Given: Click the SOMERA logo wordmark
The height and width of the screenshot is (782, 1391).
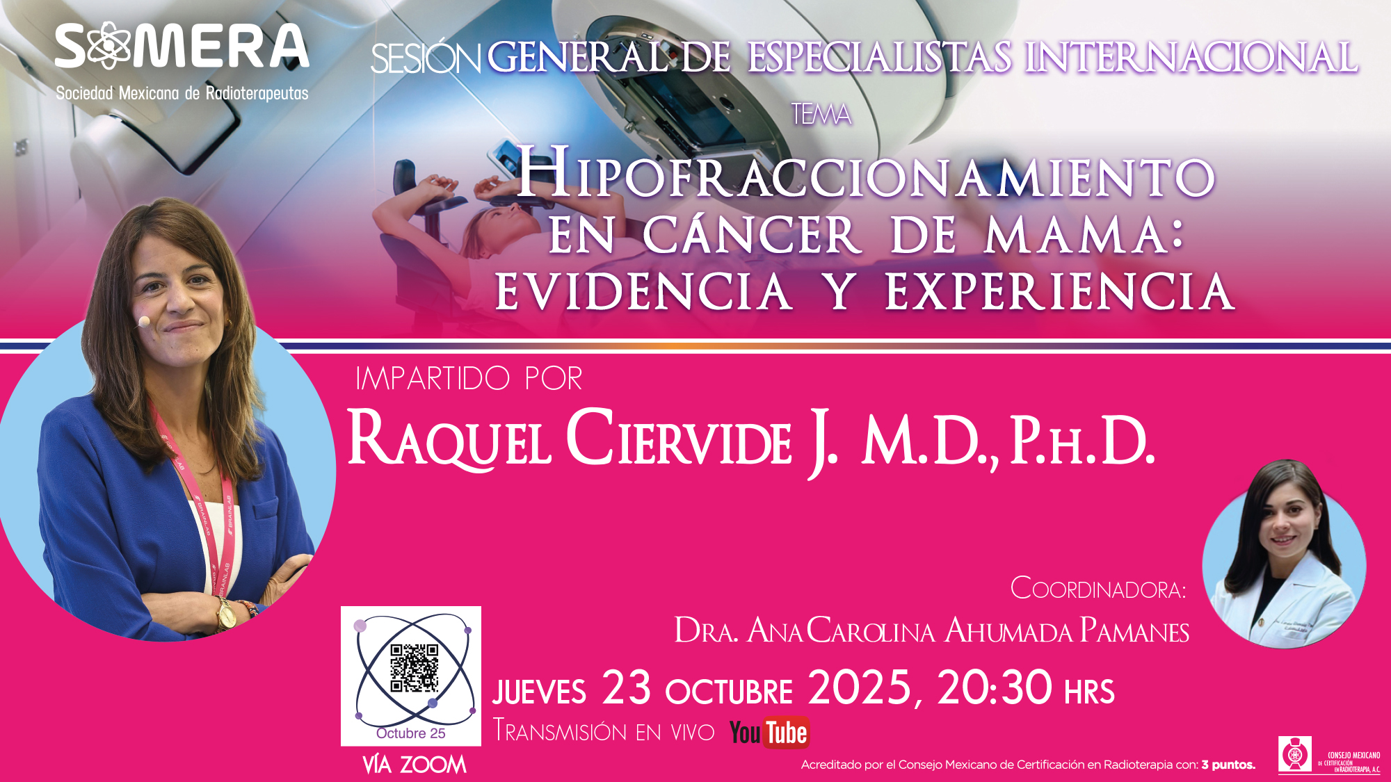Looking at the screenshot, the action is point(182,46).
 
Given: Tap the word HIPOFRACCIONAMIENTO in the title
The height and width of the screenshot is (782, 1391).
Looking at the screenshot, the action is point(866,174).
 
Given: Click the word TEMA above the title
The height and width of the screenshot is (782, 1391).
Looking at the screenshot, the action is point(821,114).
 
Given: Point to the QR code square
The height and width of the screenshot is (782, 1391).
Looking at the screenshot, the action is point(414,668).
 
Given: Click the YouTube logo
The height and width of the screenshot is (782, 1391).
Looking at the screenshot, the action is point(769,733).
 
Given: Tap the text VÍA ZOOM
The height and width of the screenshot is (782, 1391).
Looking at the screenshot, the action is point(415,765).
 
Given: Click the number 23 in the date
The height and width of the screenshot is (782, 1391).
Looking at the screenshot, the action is point(627,688).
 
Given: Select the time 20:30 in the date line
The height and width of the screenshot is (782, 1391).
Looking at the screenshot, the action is point(995,688).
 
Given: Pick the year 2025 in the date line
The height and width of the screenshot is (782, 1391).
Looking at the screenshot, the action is point(860,688).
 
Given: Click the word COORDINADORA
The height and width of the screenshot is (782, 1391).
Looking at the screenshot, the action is point(1098,589).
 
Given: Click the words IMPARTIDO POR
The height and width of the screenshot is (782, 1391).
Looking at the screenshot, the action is point(469,379).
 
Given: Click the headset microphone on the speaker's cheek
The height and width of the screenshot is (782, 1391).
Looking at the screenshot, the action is point(144,321).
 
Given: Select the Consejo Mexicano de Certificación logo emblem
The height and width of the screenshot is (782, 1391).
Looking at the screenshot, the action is point(1295,754).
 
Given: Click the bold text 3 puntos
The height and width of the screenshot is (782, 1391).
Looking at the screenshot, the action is point(1228,765).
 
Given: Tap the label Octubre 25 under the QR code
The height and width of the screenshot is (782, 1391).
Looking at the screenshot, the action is point(411,733).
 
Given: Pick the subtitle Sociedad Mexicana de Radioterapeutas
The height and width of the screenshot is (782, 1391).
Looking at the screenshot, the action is point(182,93).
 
